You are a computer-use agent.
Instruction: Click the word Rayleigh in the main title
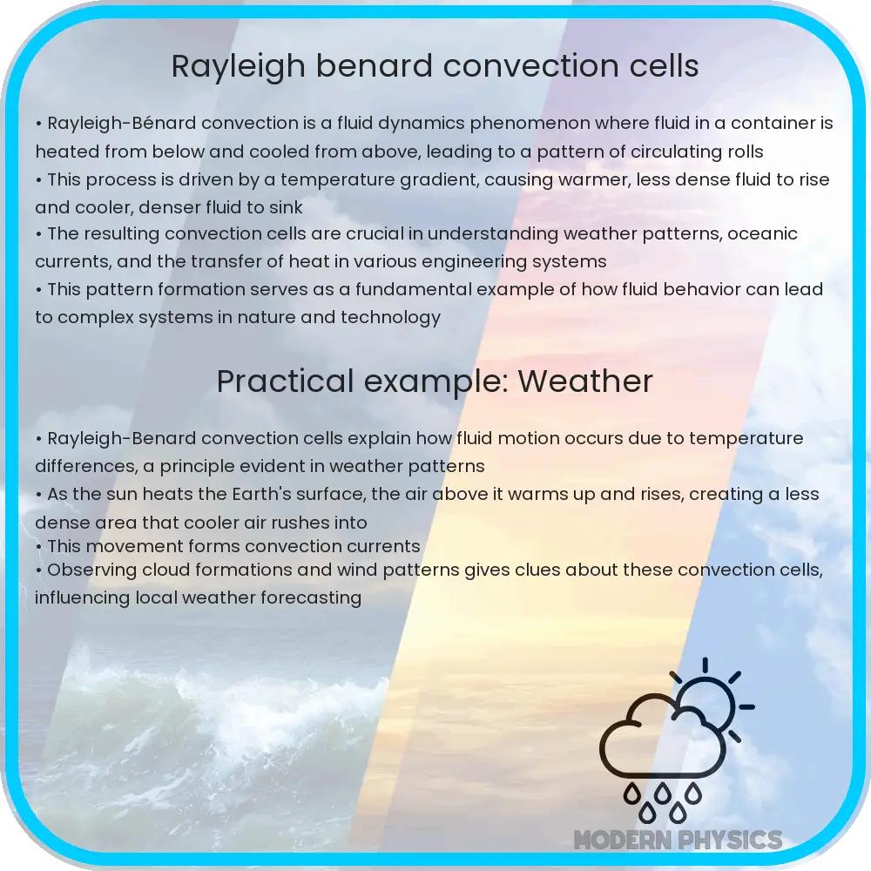tap(239, 67)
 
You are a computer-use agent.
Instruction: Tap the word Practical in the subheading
tap(285, 381)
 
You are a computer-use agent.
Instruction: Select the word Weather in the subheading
tap(585, 381)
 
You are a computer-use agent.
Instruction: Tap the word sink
tap(286, 207)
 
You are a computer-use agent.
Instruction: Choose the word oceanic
tap(762, 233)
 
